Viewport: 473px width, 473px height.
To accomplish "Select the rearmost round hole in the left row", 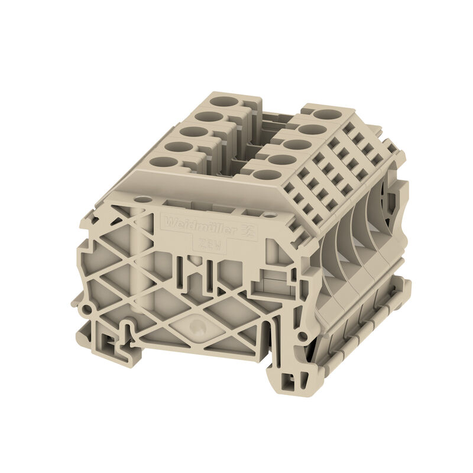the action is pos(224,101).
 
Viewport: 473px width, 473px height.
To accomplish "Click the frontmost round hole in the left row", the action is pos(164,161).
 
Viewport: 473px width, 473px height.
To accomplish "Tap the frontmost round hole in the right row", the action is pos(267,175).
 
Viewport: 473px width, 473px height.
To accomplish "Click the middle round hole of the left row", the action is pos(195,132).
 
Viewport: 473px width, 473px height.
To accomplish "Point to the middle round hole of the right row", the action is pos(298,144).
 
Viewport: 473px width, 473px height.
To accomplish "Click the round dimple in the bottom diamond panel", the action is pos(197,324).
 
